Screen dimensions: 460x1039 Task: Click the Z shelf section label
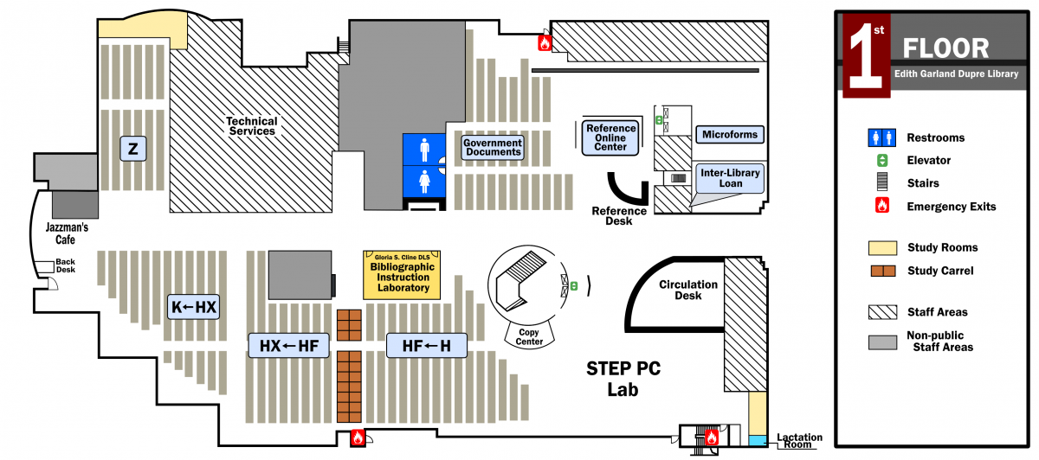coord(132,149)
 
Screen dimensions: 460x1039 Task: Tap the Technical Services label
coord(252,126)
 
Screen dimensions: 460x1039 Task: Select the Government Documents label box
coord(493,148)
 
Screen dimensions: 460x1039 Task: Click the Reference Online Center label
coord(610,137)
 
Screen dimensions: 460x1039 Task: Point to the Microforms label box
coord(730,134)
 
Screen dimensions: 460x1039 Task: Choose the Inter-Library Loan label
coord(730,178)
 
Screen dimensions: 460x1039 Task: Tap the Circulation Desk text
coord(688,290)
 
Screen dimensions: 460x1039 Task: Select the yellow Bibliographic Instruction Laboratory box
coord(403,275)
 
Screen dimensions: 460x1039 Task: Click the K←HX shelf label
coord(194,307)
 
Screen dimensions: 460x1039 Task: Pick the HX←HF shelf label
coord(289,346)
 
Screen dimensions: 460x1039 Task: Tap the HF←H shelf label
coord(427,346)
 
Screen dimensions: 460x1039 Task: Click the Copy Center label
coord(530,336)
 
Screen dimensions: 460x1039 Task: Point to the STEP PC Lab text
coord(623,379)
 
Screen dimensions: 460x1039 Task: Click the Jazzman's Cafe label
coord(67,233)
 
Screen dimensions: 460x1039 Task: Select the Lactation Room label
coord(799,441)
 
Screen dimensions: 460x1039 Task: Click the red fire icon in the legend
coord(881,207)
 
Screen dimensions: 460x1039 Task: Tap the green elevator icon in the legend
coord(881,160)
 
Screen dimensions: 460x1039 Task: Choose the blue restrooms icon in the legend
coord(881,137)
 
